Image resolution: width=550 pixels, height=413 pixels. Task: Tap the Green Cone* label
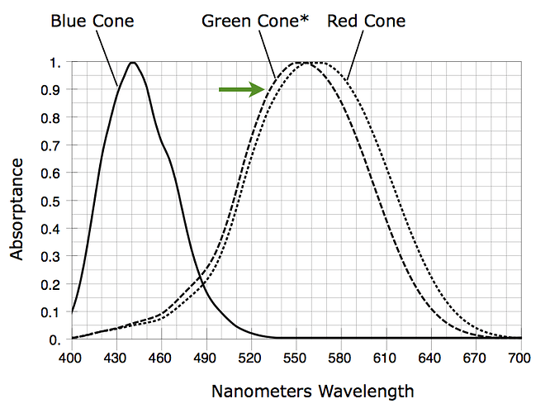point(254,21)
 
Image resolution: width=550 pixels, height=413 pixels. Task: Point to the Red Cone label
point(366,21)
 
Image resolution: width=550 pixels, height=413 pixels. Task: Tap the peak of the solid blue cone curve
point(132,63)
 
